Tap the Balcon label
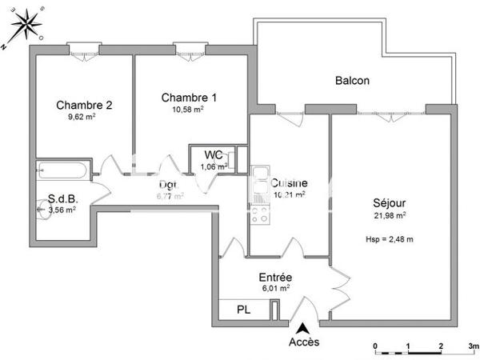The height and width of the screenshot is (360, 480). (352, 81)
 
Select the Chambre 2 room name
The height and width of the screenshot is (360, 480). (83, 105)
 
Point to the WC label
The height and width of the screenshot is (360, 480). (214, 154)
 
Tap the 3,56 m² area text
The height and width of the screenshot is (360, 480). (62, 210)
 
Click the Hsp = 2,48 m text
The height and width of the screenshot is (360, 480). (389, 238)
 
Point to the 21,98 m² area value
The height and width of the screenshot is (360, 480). (389, 214)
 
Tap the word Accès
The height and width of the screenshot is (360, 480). (304, 342)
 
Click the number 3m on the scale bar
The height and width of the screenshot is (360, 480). (472, 347)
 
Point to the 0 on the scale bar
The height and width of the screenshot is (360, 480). (375, 347)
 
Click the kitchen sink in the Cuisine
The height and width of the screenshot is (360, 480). (260, 178)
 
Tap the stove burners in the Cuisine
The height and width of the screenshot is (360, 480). (260, 212)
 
